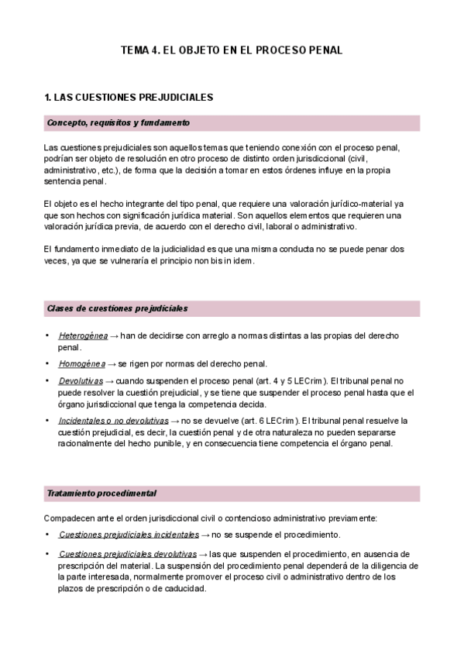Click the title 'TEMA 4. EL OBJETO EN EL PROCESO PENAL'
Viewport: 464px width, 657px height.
click(232, 50)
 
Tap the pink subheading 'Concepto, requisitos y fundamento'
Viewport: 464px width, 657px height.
click(118, 123)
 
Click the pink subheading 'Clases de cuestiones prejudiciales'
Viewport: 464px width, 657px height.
click(117, 308)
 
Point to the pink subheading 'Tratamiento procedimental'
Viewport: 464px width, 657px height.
click(101, 494)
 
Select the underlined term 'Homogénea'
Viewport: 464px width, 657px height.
click(81, 363)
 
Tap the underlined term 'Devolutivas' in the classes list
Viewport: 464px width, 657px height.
click(80, 380)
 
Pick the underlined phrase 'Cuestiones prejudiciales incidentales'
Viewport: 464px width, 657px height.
click(129, 535)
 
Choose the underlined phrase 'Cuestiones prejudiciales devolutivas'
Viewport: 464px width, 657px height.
click(127, 554)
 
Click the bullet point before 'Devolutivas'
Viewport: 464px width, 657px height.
click(48, 380)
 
